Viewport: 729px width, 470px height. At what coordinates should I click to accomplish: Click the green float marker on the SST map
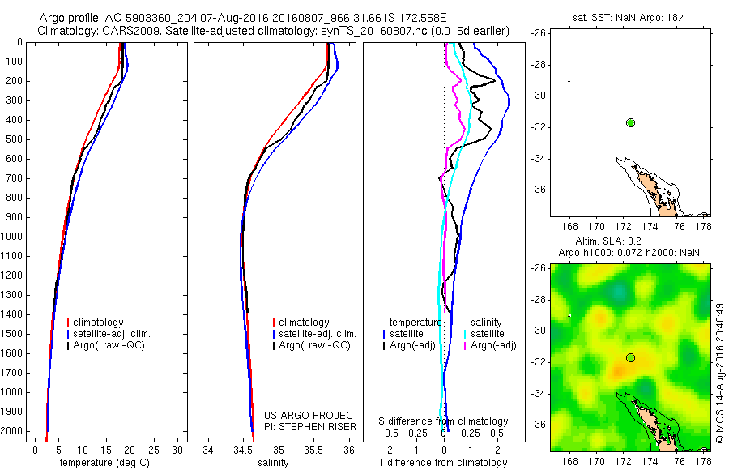[630, 122]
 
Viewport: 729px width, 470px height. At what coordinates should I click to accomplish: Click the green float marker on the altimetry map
[630, 357]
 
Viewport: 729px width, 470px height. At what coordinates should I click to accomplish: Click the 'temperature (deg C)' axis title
[102, 463]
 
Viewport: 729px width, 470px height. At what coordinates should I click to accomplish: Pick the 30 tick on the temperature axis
[178, 450]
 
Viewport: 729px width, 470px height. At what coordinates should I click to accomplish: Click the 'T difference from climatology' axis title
[444, 463]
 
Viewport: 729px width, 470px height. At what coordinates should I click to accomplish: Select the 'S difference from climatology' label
[444, 421]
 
